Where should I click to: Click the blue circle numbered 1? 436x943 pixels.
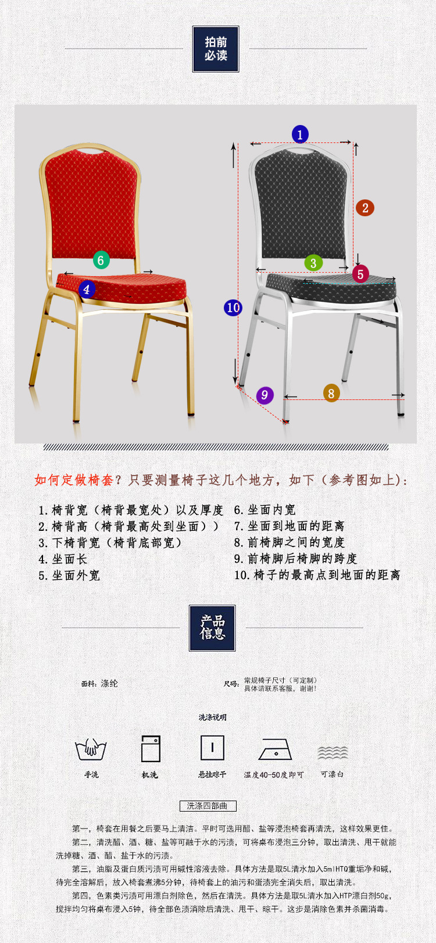click(300, 135)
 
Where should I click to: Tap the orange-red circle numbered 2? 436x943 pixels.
click(365, 208)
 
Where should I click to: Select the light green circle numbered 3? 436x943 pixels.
click(313, 263)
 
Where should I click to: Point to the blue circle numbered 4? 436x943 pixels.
click(87, 289)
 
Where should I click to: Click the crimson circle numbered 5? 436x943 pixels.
click(360, 274)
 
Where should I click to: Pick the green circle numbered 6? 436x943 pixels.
click(101, 260)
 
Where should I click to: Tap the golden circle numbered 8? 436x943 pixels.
click(331, 393)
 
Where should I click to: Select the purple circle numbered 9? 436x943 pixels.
click(265, 395)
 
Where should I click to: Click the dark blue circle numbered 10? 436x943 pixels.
click(233, 308)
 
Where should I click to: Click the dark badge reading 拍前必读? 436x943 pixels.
click(216, 49)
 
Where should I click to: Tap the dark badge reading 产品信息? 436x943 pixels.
click(212, 628)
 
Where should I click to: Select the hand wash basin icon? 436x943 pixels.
click(91, 749)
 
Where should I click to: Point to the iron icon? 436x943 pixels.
click(275, 750)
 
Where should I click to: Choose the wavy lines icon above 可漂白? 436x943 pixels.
click(333, 752)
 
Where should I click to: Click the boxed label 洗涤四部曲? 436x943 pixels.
click(208, 806)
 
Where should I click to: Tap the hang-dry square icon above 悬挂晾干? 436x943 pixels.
click(212, 748)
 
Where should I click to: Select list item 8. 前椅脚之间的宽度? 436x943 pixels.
click(290, 542)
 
